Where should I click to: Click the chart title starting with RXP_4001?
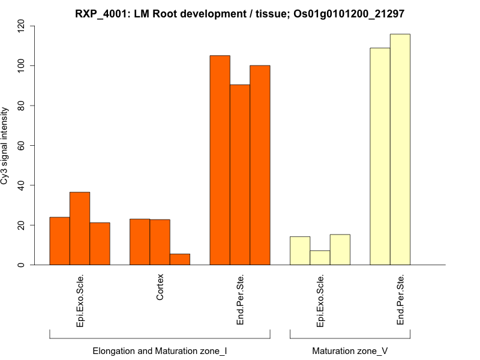(x=240, y=13)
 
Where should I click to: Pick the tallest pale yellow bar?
(x=400, y=149)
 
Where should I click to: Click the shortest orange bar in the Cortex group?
(x=180, y=259)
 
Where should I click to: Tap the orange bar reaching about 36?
(x=80, y=229)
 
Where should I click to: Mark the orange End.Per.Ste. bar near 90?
(x=240, y=175)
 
